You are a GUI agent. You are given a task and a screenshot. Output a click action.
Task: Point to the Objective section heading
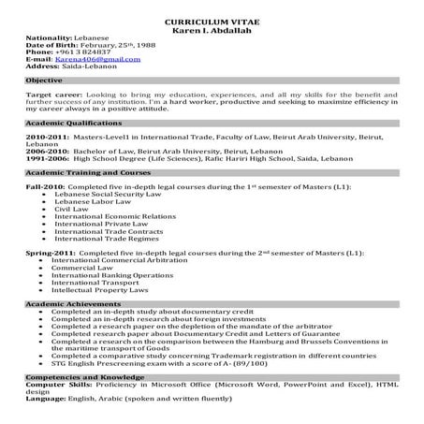click(x=46, y=81)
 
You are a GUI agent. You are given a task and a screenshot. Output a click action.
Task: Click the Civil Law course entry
click(x=71, y=211)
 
